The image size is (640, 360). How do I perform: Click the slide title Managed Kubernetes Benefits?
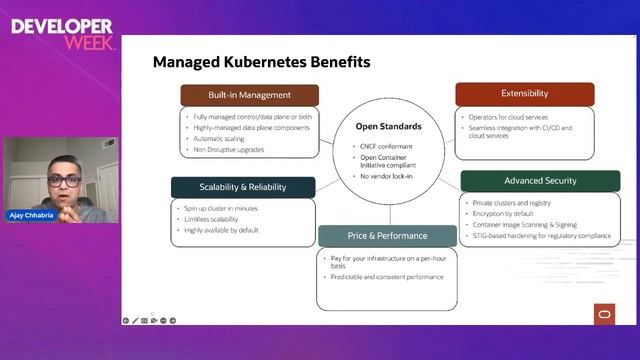(x=261, y=62)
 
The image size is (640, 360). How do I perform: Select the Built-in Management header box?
(x=250, y=95)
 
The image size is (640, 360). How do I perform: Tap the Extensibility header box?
(x=524, y=94)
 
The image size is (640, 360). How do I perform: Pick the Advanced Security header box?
(x=533, y=180)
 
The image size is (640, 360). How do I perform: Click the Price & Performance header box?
(x=387, y=236)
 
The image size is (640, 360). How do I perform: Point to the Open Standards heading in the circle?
(x=389, y=127)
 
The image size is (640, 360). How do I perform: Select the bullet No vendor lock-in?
(x=388, y=176)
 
